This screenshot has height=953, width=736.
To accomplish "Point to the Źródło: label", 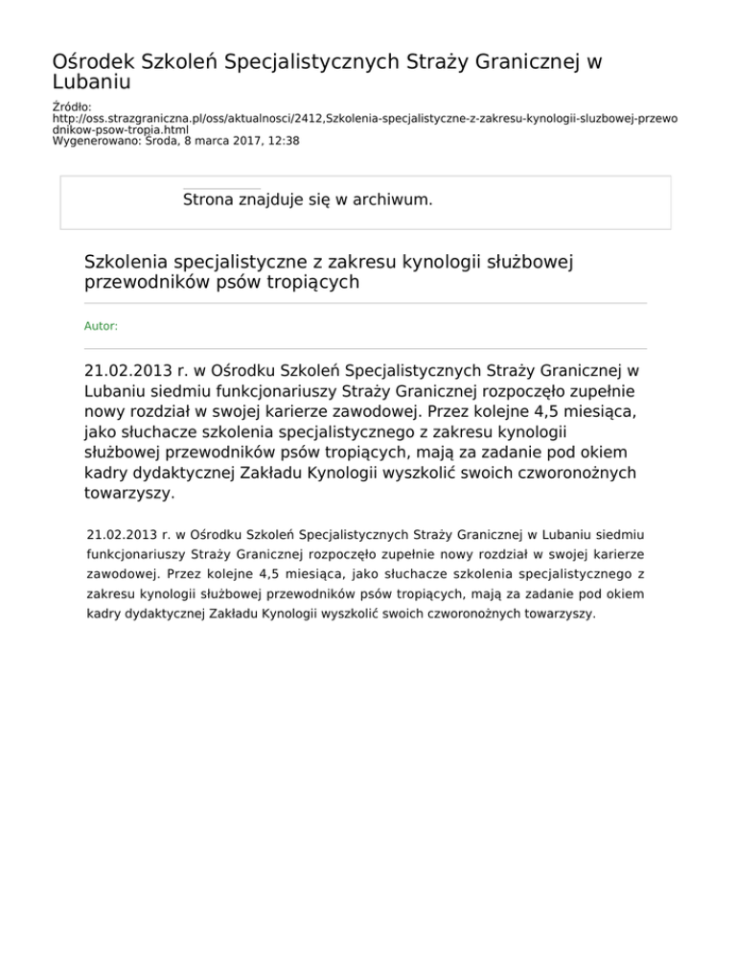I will pyautogui.click(x=72, y=107).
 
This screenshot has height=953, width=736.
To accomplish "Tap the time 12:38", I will pyautogui.click(x=283, y=140).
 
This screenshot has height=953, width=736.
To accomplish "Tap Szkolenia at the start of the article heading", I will pyautogui.click(x=126, y=261).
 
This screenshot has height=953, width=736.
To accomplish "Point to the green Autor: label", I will pyautogui.click(x=102, y=326).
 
